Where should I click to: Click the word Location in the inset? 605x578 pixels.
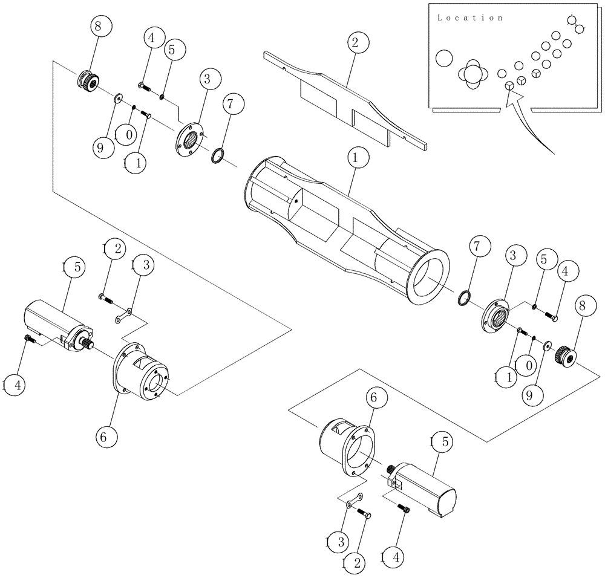(469, 18)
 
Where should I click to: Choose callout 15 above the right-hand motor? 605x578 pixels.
(441, 442)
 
